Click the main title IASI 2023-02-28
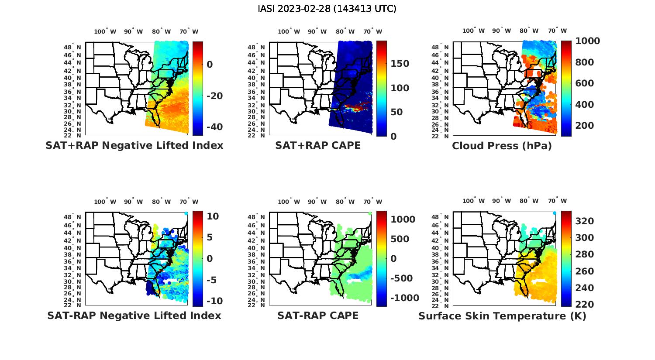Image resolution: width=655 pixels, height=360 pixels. click(327, 9)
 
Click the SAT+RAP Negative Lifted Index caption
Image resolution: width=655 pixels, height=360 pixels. click(134, 146)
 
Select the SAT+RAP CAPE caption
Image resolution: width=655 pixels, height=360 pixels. click(318, 146)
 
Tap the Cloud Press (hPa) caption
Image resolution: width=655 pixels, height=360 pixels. click(502, 146)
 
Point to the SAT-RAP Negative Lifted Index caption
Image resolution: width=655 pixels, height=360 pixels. click(134, 315)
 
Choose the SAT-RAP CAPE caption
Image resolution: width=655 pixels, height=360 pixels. click(318, 315)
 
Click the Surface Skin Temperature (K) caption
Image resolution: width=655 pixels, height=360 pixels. click(502, 316)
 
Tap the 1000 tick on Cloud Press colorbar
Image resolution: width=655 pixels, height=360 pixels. click(587, 41)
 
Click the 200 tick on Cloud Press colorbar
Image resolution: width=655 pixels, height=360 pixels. click(585, 126)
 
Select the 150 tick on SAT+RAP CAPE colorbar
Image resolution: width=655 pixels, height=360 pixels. click(400, 64)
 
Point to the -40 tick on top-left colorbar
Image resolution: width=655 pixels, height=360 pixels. click(214, 127)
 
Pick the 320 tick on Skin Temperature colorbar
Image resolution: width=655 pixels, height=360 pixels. click(585, 221)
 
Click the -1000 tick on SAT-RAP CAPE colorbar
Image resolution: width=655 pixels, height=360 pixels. click(404, 298)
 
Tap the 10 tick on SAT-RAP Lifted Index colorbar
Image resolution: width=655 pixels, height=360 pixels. click(213, 216)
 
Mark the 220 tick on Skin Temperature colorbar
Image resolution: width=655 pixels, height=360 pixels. click(585, 305)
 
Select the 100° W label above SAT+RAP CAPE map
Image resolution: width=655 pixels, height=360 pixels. click(289, 31)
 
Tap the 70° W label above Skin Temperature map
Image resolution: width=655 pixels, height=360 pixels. click(557, 201)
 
